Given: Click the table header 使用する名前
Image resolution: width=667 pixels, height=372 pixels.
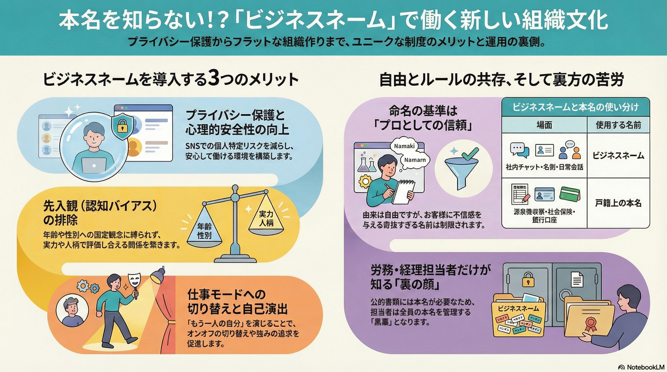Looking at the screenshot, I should click(618, 125).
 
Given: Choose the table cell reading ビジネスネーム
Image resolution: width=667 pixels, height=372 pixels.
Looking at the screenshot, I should click(618, 155).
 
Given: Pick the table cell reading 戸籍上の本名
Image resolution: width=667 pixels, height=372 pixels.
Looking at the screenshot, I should click(618, 203).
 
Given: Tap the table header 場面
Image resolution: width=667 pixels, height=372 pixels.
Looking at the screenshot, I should click(544, 125).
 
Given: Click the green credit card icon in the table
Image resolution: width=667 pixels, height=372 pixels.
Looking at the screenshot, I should click(570, 193).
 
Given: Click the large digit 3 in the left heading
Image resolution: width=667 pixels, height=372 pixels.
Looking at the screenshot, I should click(213, 80).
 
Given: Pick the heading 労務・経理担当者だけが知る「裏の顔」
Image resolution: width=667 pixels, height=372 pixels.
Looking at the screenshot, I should click(430, 276).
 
